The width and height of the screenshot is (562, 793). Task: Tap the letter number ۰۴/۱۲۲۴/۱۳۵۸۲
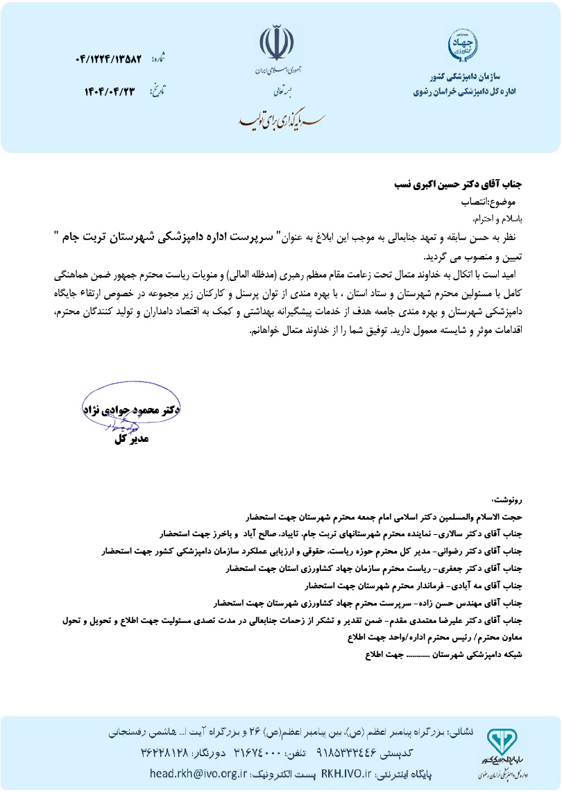click(108, 60)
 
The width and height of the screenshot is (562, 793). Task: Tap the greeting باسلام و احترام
click(497, 219)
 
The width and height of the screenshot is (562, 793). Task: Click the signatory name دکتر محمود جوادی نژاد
click(131, 410)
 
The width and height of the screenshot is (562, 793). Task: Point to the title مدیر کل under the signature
click(131, 439)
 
